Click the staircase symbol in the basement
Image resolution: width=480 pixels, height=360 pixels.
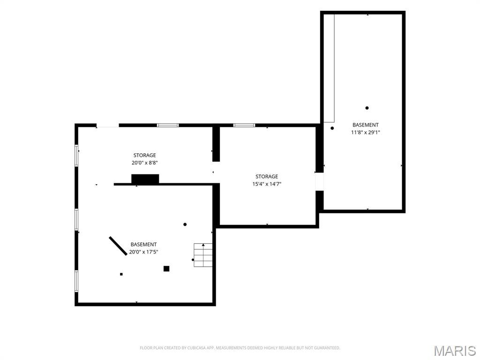[203, 255]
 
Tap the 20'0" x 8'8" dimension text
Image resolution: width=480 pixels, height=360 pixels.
[144, 163]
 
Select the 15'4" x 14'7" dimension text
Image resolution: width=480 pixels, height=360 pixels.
[267, 184]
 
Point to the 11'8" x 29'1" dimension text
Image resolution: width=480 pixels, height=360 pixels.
[366, 133]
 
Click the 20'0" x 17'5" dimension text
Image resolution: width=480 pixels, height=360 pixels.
[143, 252]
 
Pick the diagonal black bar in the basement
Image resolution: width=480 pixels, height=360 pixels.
[118, 246]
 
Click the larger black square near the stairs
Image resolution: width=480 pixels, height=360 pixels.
[166, 269]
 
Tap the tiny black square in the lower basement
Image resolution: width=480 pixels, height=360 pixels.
[121, 274]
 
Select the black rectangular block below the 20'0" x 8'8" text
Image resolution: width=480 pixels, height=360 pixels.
[145, 179]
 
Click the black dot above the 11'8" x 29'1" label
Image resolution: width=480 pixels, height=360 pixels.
[367, 108]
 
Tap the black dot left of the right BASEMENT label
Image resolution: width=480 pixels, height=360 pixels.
[332, 128]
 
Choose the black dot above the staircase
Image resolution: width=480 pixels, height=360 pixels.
[185, 225]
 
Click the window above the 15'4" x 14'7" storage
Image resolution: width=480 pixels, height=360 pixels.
[244, 125]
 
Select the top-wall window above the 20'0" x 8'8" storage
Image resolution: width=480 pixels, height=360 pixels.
[168, 125]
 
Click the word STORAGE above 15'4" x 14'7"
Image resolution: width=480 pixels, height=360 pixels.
[267, 177]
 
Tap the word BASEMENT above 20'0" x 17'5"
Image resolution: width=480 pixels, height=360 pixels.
[143, 245]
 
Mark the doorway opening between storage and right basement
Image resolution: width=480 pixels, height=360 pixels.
[319, 181]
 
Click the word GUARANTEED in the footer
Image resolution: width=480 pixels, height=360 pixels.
[329, 348]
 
